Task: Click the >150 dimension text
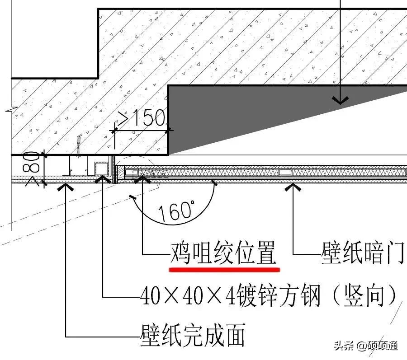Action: tap(141, 118)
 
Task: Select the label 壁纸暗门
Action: tap(362, 254)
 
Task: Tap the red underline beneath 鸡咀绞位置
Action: tap(224, 269)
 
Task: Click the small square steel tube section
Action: tap(101, 168)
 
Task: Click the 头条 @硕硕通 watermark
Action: tap(365, 346)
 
